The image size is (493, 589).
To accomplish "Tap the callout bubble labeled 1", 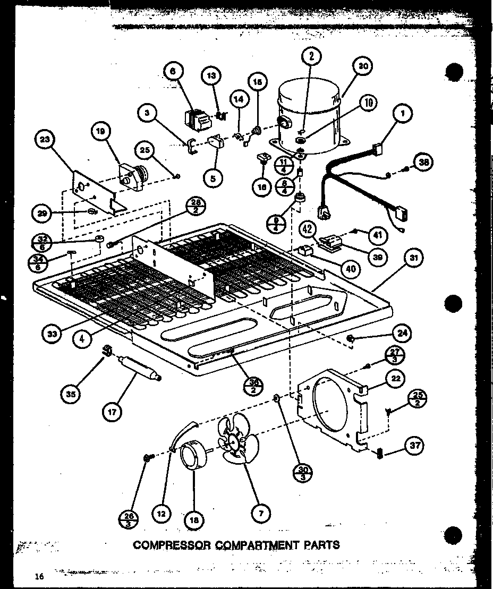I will tap(403, 113).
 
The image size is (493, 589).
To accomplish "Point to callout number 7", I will tap(260, 513).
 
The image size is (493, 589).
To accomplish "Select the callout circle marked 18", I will tap(194, 520).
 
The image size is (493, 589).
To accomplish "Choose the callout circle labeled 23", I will tap(45, 141).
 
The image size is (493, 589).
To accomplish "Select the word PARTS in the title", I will tap(320, 544).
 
